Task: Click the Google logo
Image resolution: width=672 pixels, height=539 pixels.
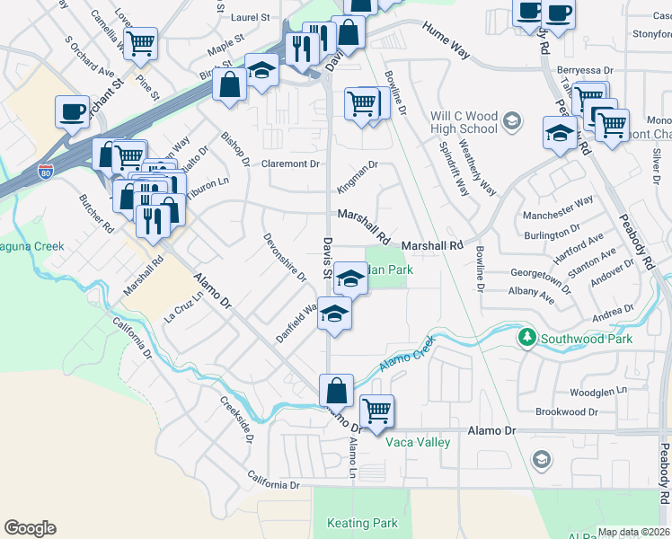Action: coord(30,528)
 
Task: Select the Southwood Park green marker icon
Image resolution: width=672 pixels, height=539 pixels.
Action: coord(526,339)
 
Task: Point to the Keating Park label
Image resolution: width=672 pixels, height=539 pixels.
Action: coord(362,523)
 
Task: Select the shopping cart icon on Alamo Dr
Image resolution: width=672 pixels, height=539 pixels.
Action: coord(377,410)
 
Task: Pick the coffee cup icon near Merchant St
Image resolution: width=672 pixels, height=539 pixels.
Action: coord(73,111)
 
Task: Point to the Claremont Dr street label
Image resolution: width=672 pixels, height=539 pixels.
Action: coord(291,164)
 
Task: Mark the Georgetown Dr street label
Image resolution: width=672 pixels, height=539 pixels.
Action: coord(542,276)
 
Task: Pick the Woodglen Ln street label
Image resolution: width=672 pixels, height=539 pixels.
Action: coord(598,393)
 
